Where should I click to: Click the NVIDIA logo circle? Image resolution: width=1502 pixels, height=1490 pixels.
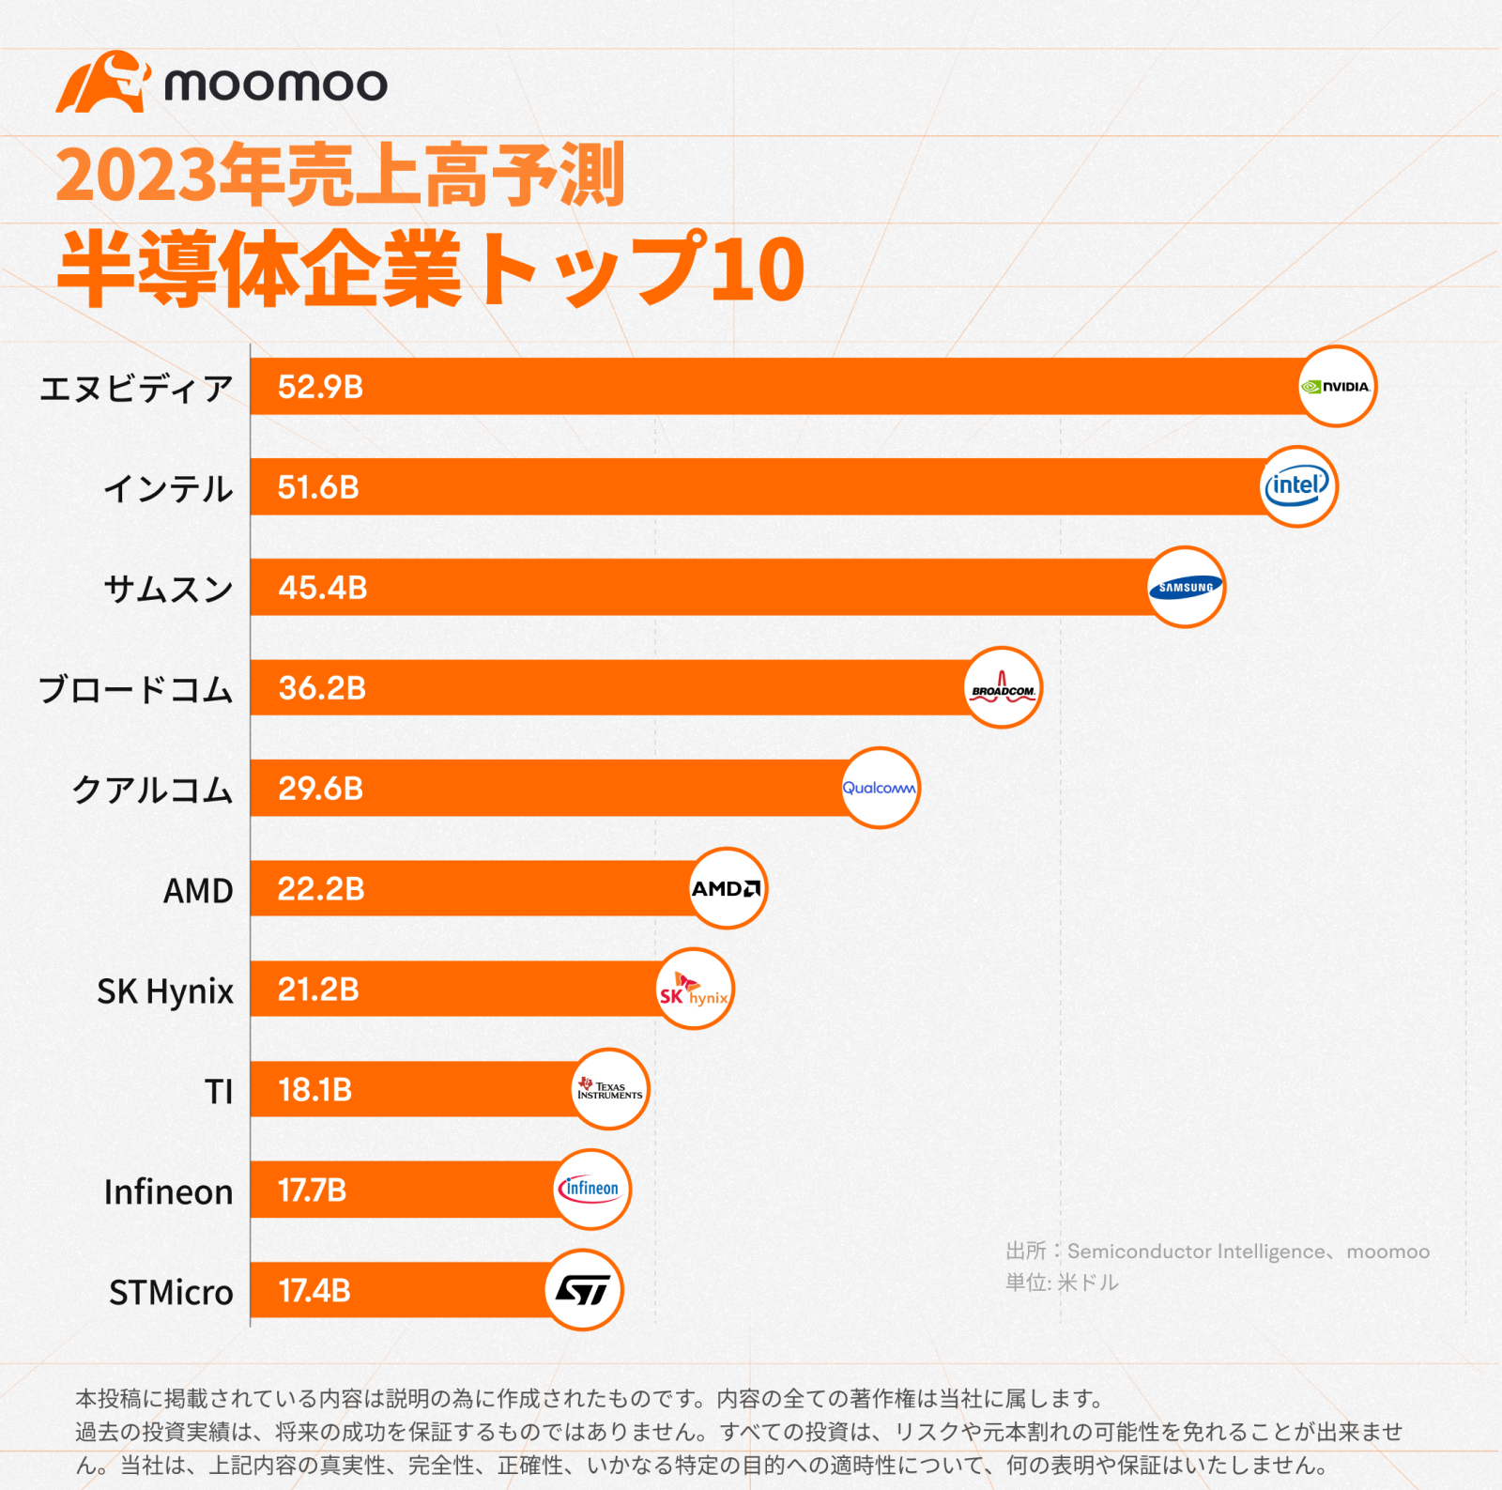(x=1336, y=386)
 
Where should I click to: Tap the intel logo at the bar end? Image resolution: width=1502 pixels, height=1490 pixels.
(x=1297, y=486)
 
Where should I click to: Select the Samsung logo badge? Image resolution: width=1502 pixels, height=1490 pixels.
(x=1186, y=587)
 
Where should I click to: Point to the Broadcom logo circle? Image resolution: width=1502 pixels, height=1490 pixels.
(x=1003, y=687)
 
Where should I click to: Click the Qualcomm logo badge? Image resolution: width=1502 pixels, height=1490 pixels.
(x=880, y=788)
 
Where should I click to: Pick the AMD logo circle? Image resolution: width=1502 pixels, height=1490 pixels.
(x=727, y=888)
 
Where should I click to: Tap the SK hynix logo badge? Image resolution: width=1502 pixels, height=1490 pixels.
(x=694, y=989)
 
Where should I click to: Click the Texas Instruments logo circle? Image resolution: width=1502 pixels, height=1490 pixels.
(x=610, y=1089)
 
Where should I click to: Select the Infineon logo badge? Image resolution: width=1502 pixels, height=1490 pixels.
(x=590, y=1190)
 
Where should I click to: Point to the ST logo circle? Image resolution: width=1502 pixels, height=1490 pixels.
(x=583, y=1290)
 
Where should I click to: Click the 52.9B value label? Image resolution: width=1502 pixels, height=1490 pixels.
(x=320, y=387)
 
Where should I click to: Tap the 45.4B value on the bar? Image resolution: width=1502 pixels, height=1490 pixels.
(x=322, y=588)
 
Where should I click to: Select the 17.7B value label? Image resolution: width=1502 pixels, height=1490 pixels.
(x=312, y=1190)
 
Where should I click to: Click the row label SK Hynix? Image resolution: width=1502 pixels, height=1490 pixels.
(x=165, y=991)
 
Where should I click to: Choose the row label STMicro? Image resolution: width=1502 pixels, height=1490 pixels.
(x=171, y=1293)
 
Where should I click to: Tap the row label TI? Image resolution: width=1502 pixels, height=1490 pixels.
(x=219, y=1092)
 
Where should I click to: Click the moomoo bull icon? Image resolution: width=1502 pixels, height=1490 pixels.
(x=101, y=83)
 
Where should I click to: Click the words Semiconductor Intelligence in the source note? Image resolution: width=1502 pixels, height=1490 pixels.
(x=1196, y=1252)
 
